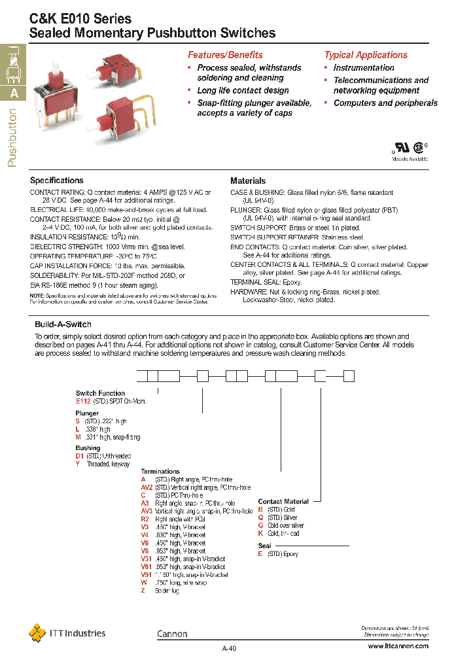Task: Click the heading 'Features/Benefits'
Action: point(225,55)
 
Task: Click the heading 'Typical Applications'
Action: point(366,55)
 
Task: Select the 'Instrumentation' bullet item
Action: point(364,68)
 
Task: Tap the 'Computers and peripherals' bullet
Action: point(385,103)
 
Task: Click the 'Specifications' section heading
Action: point(57,181)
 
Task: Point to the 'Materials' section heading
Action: point(248,181)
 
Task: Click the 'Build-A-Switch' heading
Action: point(63,324)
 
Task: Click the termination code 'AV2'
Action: point(147,488)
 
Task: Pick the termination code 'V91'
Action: point(147,575)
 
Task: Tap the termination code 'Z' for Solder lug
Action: point(143,591)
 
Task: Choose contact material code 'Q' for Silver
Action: point(260,517)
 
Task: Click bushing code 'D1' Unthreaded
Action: point(79,456)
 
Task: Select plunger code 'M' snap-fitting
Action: point(78,437)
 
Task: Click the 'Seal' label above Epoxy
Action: point(264,546)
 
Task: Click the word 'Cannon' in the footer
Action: point(172,634)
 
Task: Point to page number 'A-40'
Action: point(229,649)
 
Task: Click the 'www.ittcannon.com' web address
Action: point(398,646)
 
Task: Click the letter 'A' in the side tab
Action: point(14,93)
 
